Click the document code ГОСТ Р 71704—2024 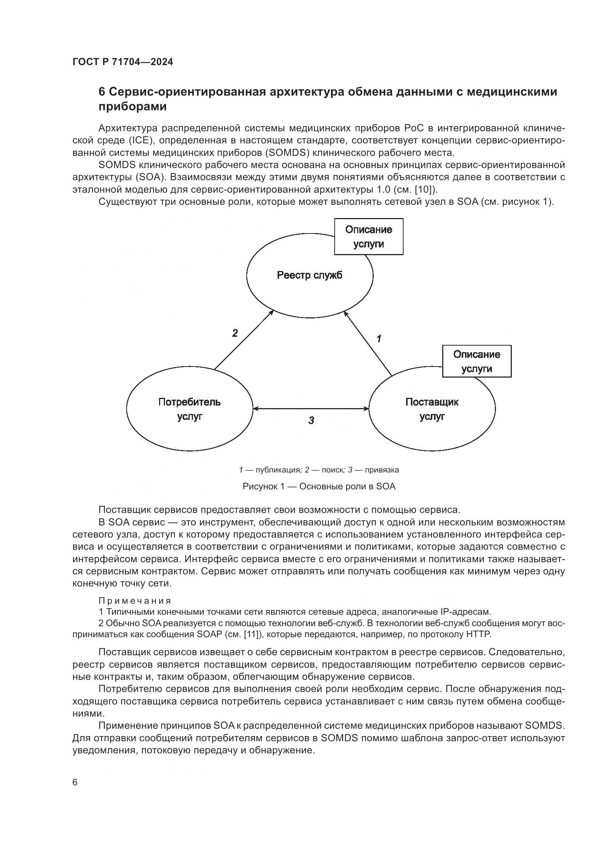pos(123,62)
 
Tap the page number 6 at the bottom pos(75,782)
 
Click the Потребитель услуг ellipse pos(189,409)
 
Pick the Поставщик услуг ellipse pos(432,409)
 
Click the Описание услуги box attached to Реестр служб pos(369,237)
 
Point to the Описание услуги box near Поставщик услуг pos(476,361)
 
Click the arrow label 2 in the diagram pos(235,333)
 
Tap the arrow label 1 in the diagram pos(379,339)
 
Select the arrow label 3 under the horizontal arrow pos(311,421)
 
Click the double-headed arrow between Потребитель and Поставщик pos(311,408)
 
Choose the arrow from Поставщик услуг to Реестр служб pos(368,343)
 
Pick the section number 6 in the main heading pos(102,92)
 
